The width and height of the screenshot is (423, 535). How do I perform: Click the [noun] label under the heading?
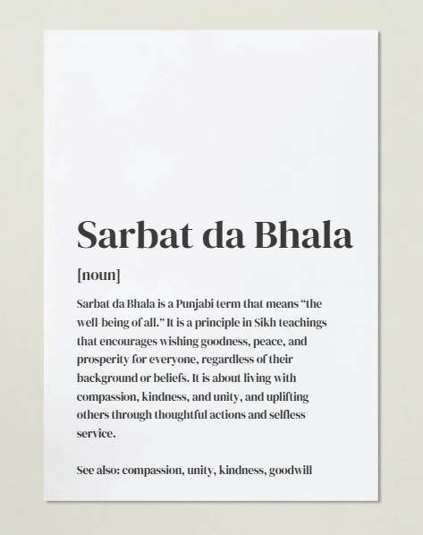click(x=98, y=275)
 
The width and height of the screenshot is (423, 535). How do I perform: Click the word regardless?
click(x=235, y=359)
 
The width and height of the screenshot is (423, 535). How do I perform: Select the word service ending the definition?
click(x=97, y=433)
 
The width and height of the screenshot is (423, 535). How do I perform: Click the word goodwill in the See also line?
click(x=291, y=469)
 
